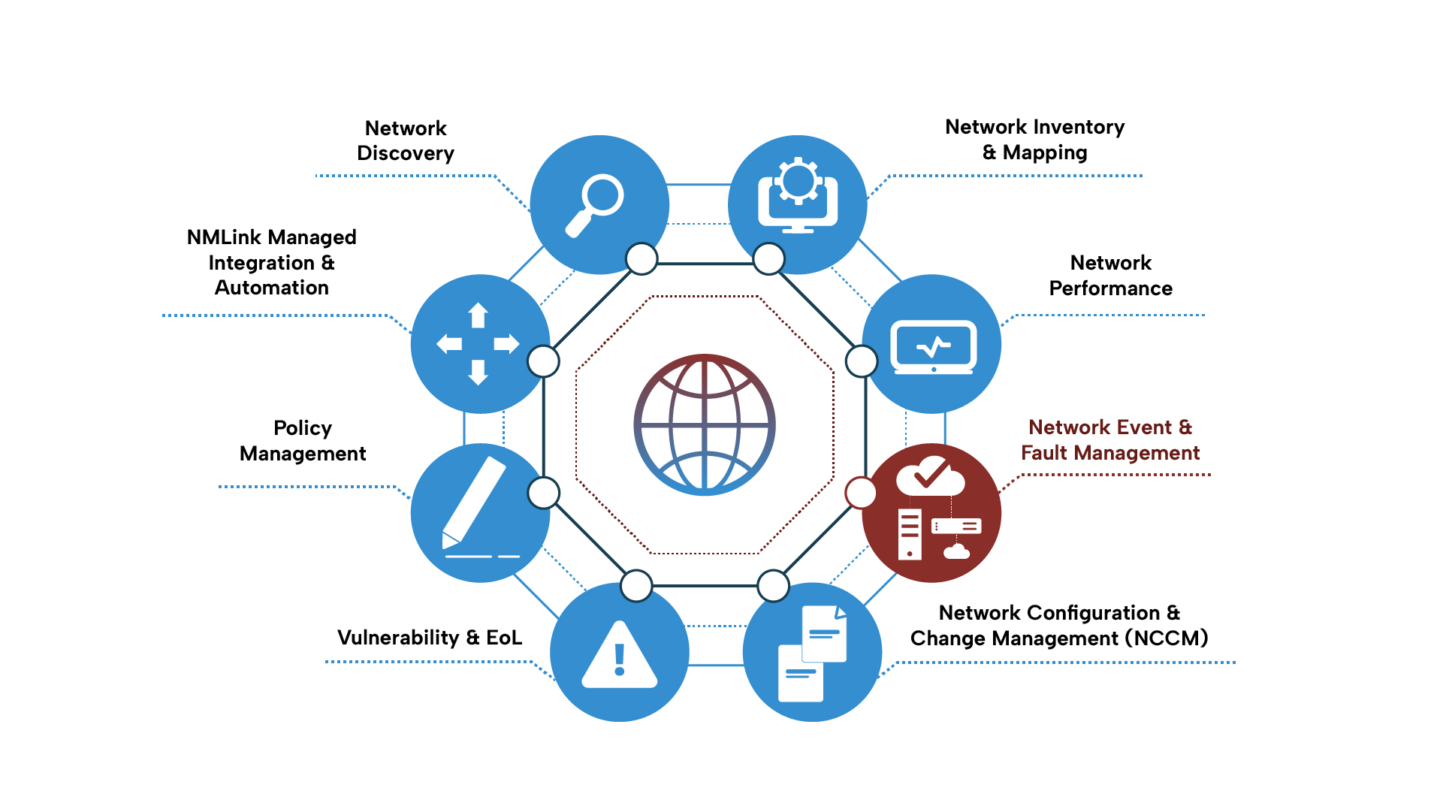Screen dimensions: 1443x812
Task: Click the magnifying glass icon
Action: pos(593,205)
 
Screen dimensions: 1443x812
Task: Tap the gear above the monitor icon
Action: pos(798,180)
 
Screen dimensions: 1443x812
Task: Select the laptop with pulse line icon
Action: pos(933,348)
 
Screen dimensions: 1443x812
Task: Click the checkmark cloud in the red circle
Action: pos(930,475)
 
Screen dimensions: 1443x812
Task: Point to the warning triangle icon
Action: pos(620,656)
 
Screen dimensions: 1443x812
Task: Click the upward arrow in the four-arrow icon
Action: pos(478,315)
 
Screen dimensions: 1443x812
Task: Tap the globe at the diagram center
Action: pos(705,424)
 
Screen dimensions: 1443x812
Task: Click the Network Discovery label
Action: pos(406,140)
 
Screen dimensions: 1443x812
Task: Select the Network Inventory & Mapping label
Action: pos(1035,140)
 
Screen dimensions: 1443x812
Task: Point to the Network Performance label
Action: pos(1110,276)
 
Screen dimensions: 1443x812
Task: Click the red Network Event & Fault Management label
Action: pos(1110,440)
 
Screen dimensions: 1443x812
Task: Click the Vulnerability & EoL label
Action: pos(430,638)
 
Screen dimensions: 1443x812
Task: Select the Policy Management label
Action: pos(303,441)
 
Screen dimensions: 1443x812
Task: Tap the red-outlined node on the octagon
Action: pos(861,493)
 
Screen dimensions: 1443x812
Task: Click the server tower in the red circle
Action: pos(910,534)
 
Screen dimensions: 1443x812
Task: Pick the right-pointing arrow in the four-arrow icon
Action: pos(507,344)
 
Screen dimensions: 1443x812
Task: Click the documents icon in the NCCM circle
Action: pos(812,654)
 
